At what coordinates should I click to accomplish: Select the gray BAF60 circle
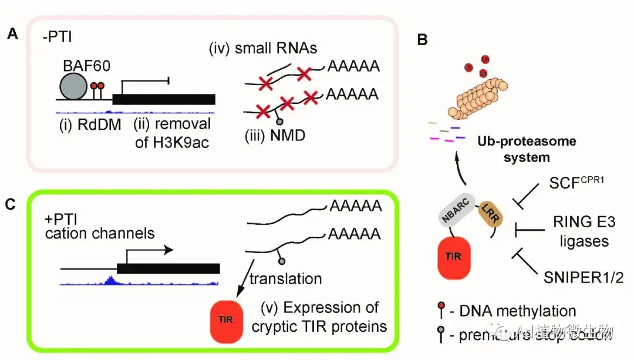click(75, 88)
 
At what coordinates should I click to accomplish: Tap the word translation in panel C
click(285, 279)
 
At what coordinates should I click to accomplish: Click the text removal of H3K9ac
click(173, 133)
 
